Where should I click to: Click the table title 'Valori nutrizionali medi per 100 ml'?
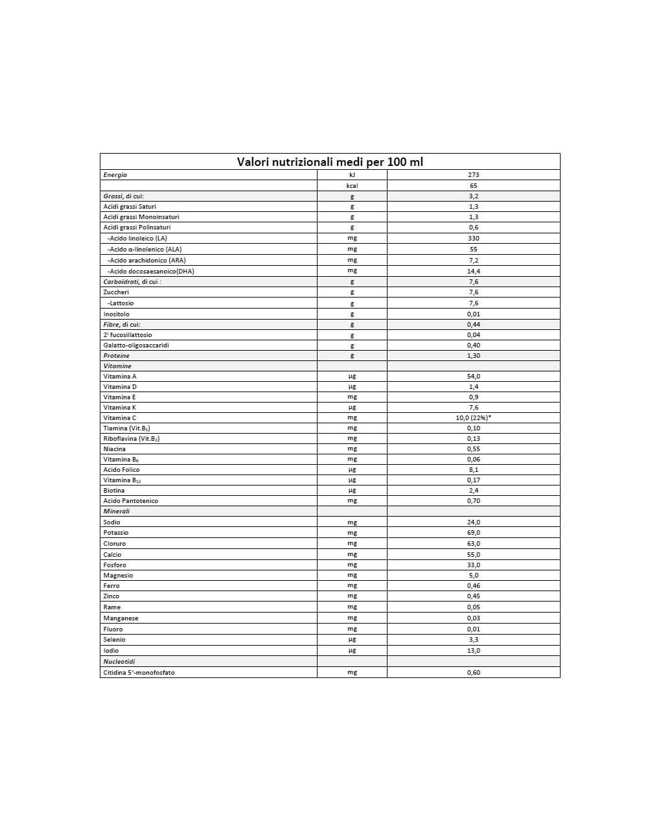click(330, 162)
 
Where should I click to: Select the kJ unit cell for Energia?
click(352, 175)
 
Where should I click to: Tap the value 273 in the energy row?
click(473, 175)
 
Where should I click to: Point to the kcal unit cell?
click(352, 186)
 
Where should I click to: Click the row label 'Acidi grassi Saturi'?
click(130, 207)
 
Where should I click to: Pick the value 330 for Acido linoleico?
click(473, 239)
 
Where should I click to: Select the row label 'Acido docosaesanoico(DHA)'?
click(150, 272)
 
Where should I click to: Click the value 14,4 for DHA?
click(473, 272)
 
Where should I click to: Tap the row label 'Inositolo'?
click(117, 314)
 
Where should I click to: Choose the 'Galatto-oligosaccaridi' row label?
click(136, 345)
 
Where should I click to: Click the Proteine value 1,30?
click(473, 356)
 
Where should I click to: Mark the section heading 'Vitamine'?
click(117, 366)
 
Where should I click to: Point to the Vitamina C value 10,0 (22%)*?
click(473, 418)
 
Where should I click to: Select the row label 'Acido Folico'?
click(121, 470)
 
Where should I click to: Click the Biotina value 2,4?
click(473, 491)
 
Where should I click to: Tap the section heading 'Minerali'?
click(117, 511)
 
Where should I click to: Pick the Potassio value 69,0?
click(473, 533)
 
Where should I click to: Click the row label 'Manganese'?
click(121, 618)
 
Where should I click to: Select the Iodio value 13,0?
click(473, 651)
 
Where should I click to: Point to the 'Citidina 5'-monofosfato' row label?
click(139, 673)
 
